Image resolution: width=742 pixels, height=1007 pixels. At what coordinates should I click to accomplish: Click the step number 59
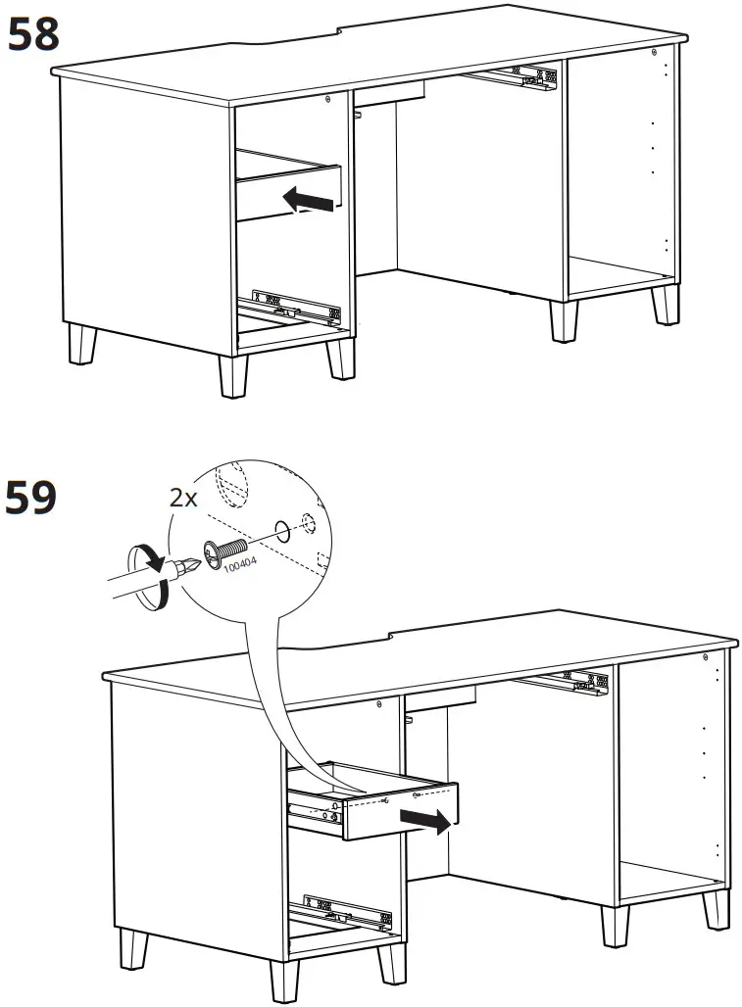click(33, 498)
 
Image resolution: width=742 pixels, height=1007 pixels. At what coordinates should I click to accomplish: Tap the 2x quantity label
click(183, 498)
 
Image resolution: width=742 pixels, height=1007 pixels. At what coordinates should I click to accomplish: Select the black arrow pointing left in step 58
click(308, 199)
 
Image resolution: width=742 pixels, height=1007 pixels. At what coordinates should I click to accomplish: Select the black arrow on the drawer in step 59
click(432, 821)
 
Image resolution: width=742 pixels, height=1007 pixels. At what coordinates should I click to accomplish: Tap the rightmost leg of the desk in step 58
click(667, 304)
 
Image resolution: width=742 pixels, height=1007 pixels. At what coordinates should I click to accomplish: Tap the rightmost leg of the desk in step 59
click(717, 910)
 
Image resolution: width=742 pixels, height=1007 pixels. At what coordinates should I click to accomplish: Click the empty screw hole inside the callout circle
click(282, 532)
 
